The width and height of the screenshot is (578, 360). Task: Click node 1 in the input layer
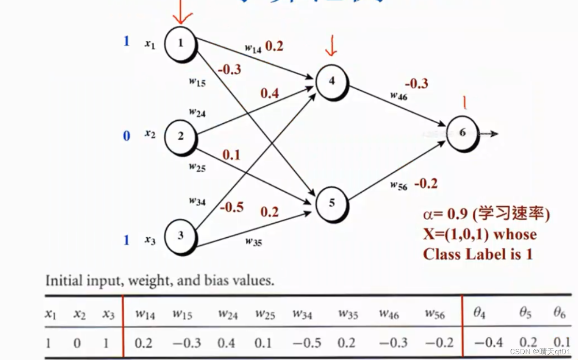click(180, 43)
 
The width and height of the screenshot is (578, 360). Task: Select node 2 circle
click(180, 136)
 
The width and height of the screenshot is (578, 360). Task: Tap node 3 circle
click(180, 236)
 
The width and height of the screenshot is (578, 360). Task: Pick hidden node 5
click(332, 202)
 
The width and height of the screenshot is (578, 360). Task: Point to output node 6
click(463, 132)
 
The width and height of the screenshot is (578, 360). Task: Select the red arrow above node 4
click(332, 47)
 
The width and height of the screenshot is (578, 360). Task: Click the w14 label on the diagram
click(253, 48)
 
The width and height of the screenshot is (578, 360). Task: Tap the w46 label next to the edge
click(399, 95)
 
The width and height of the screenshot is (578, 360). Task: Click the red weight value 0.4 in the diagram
click(270, 93)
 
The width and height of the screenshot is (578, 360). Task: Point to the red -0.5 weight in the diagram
click(231, 207)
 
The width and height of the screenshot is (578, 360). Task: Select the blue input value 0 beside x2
click(127, 136)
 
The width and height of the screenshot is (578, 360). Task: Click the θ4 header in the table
click(479, 314)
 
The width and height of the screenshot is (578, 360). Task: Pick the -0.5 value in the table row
click(308, 343)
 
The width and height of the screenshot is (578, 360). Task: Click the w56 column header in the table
click(434, 314)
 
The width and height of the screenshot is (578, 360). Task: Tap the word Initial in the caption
click(63, 281)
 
